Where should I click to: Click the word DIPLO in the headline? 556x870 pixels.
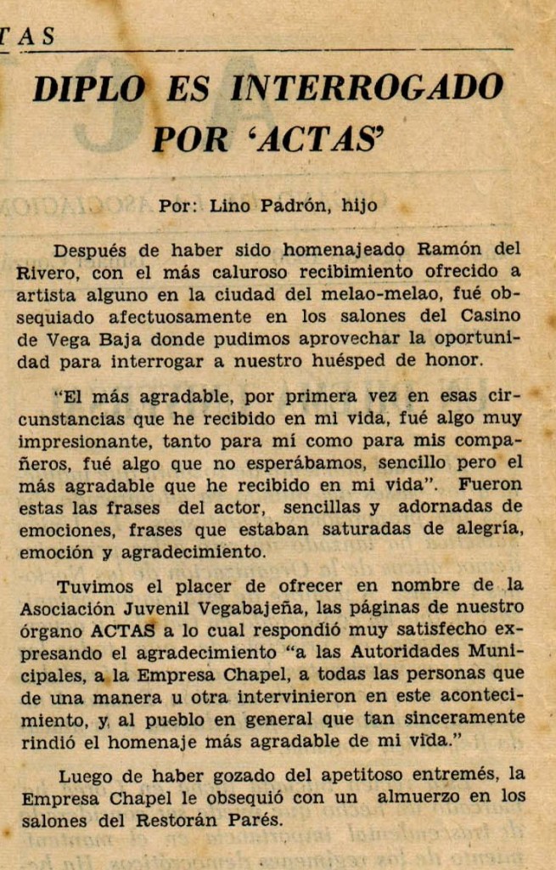pyautogui.click(x=88, y=88)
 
